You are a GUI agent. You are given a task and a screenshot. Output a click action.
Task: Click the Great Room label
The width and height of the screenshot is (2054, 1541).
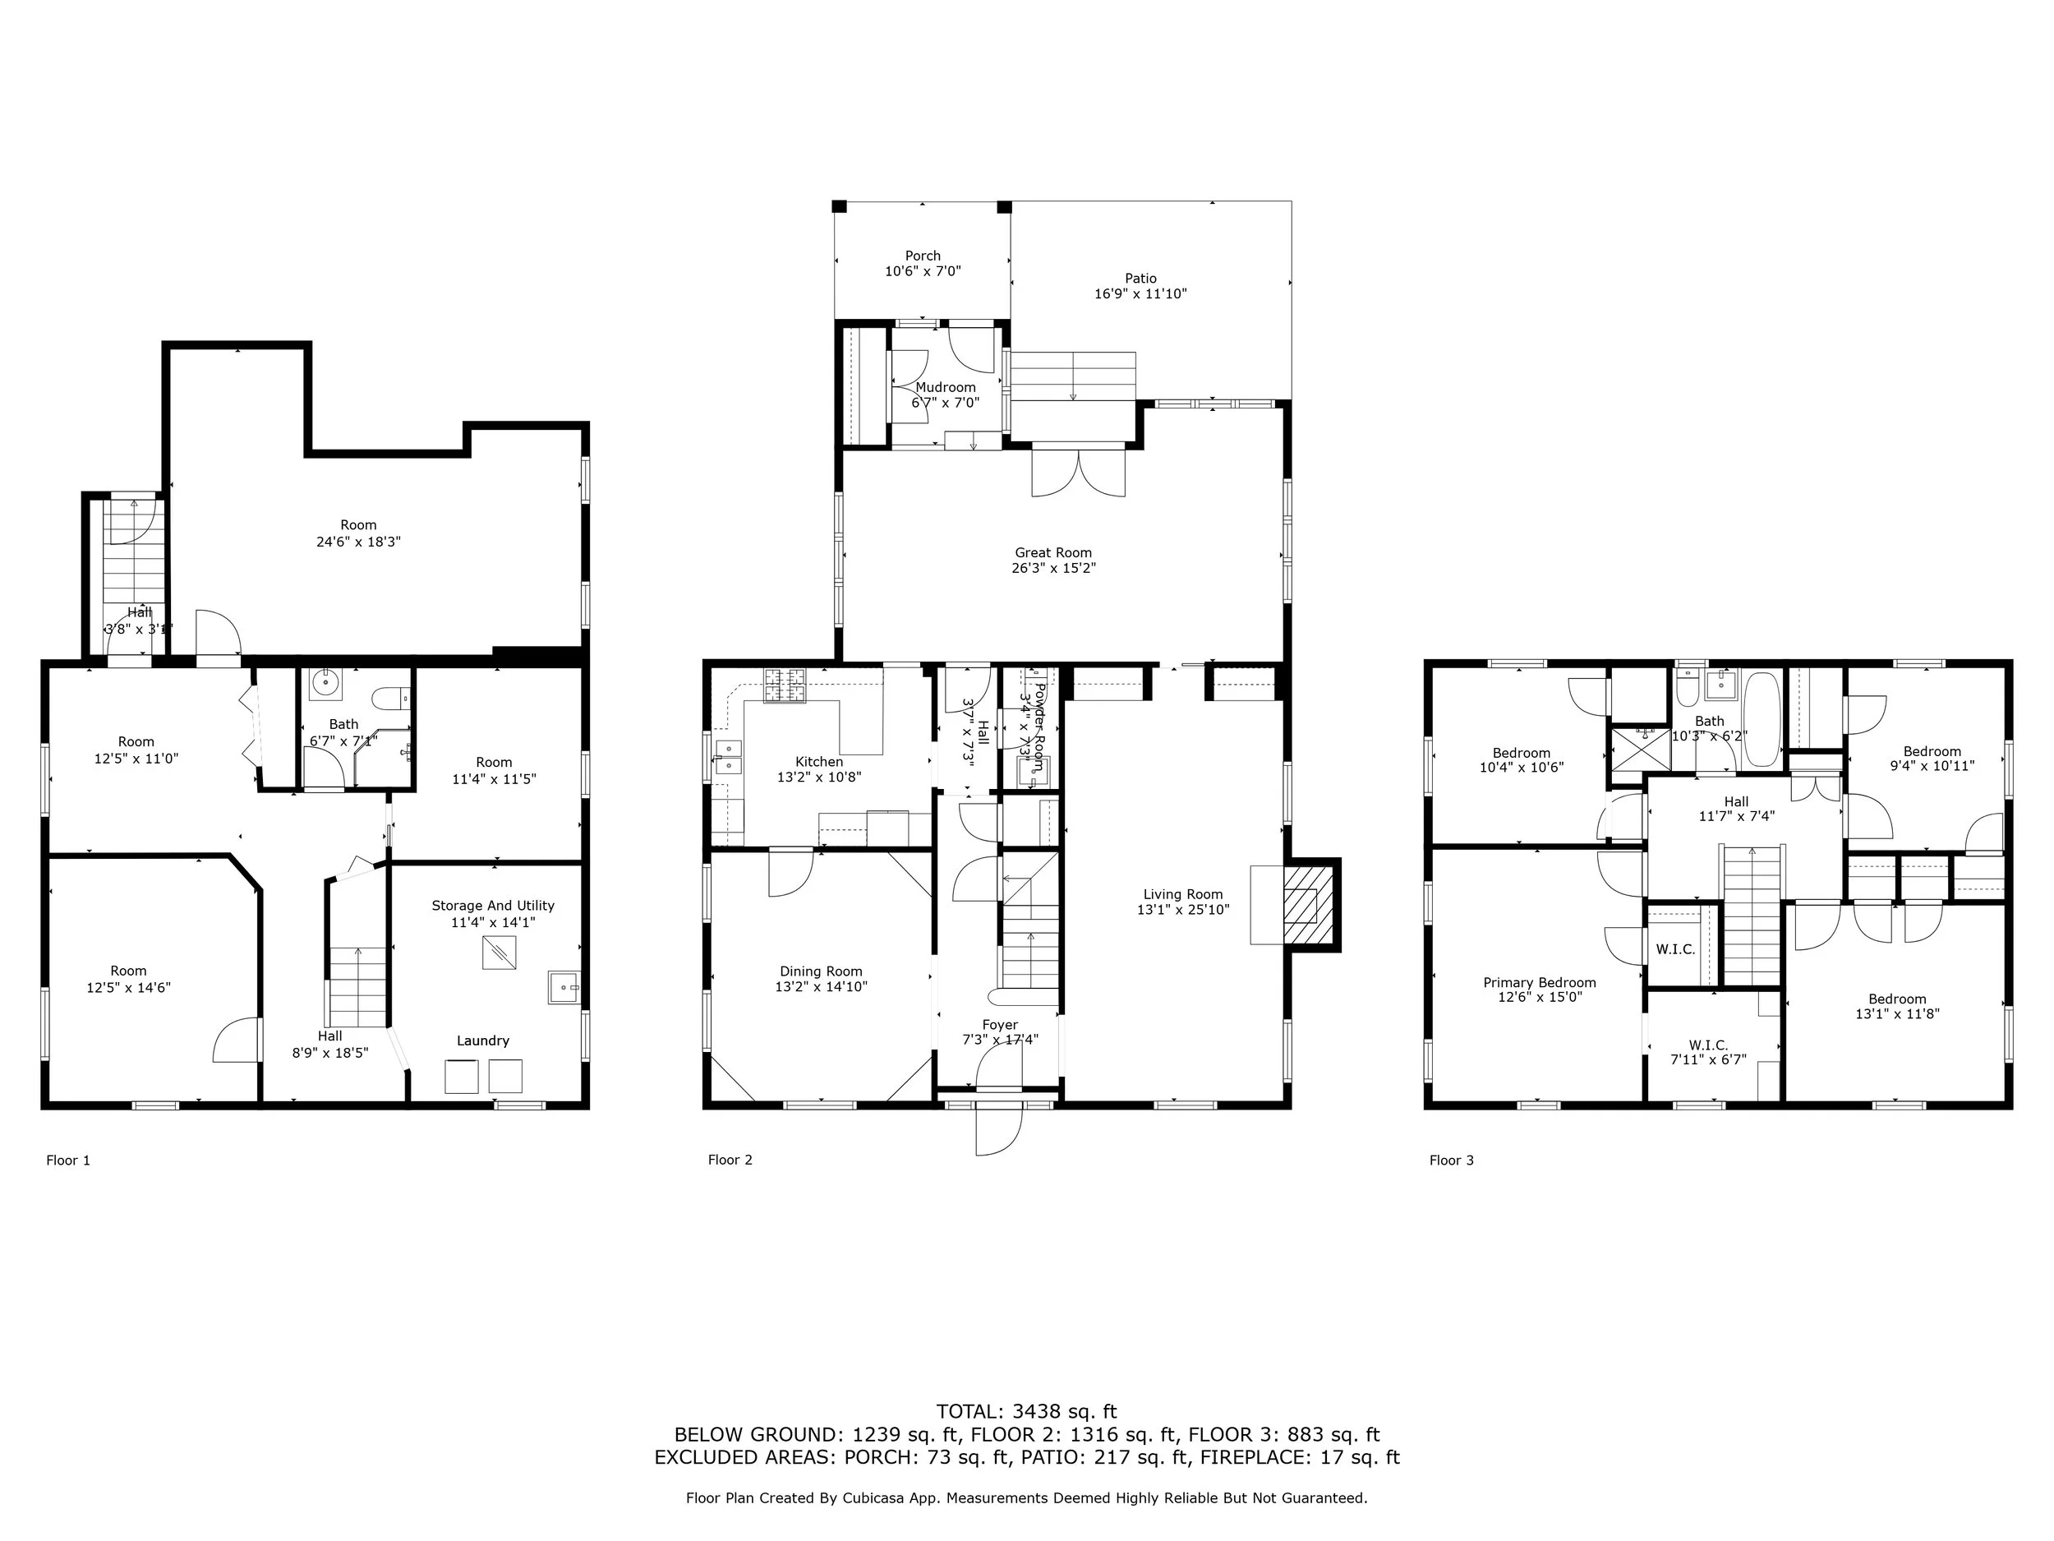pos(1053,552)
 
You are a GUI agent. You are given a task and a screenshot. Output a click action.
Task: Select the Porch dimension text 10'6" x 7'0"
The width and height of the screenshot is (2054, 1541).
pos(922,272)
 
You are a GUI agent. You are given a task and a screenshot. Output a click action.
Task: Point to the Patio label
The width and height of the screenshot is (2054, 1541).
pos(1140,278)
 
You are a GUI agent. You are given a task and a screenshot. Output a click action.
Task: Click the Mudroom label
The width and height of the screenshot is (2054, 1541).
pos(946,387)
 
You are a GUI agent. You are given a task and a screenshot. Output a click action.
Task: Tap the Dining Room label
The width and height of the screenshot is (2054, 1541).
pos(821,971)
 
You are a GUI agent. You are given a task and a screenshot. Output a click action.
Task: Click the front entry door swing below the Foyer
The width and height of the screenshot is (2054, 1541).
pos(997,1132)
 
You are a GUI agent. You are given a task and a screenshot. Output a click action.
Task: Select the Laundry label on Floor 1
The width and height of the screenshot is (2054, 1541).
pos(483,1040)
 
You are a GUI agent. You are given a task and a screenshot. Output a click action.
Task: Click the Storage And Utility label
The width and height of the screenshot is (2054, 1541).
pos(493,906)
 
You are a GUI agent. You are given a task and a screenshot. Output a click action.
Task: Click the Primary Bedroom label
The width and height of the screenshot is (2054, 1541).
pos(1540,982)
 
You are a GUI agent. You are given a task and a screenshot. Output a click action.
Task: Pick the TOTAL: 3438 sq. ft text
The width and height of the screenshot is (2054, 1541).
pos(1026,1412)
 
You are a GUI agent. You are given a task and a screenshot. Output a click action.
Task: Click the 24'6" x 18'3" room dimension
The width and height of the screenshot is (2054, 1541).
pos(358,542)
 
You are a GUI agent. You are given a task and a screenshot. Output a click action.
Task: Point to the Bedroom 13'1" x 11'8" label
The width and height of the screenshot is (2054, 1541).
pos(1897,999)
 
